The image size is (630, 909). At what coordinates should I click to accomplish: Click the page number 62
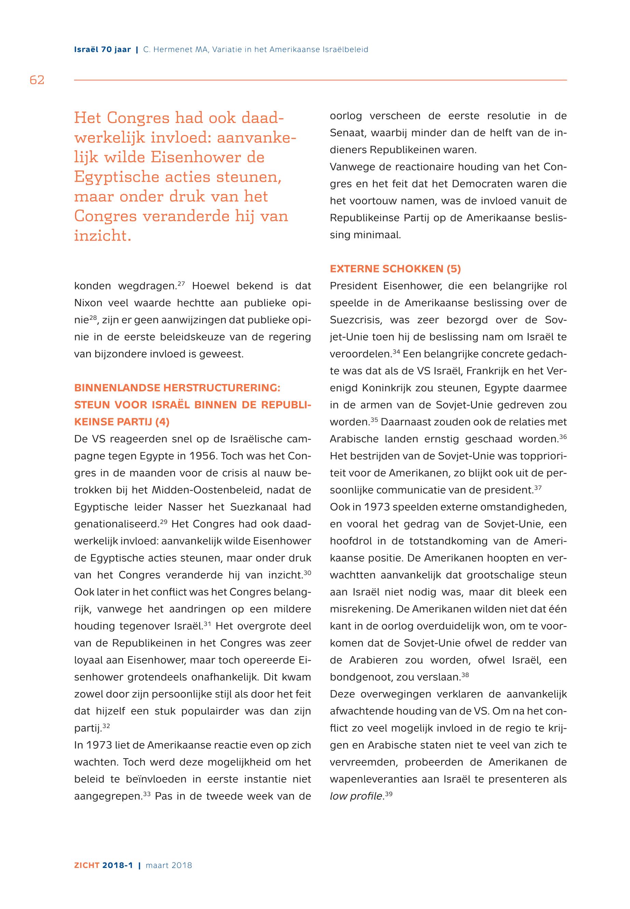point(37,80)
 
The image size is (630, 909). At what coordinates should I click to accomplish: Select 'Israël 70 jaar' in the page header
point(102,50)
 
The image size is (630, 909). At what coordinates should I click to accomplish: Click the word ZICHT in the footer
point(86,865)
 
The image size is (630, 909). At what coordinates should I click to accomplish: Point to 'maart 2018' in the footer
point(169,865)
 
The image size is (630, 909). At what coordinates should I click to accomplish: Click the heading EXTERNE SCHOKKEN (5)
point(395,269)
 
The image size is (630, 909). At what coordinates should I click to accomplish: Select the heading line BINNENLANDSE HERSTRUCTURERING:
point(177,388)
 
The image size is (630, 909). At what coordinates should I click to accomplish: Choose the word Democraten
point(478,184)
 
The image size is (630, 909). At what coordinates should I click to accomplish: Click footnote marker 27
point(182,283)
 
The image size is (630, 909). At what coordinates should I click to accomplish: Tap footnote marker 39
point(388,793)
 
